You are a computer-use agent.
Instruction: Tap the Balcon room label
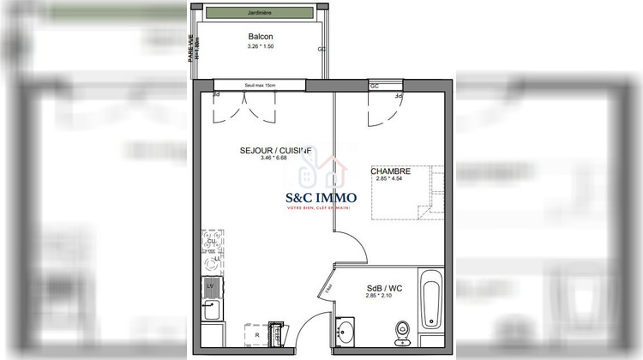pos(261,37)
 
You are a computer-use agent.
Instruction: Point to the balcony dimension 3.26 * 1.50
pos(261,46)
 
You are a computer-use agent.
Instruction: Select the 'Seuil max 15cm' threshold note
pos(260,85)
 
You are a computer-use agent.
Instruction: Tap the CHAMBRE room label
pos(390,171)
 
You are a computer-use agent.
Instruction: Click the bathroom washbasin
pos(346,332)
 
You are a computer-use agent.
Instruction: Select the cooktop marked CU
pos(212,242)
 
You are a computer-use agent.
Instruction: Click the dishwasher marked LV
pos(211,285)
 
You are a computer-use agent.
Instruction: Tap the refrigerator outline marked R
pos(256,335)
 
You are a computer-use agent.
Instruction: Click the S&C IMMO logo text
pos(321,196)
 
